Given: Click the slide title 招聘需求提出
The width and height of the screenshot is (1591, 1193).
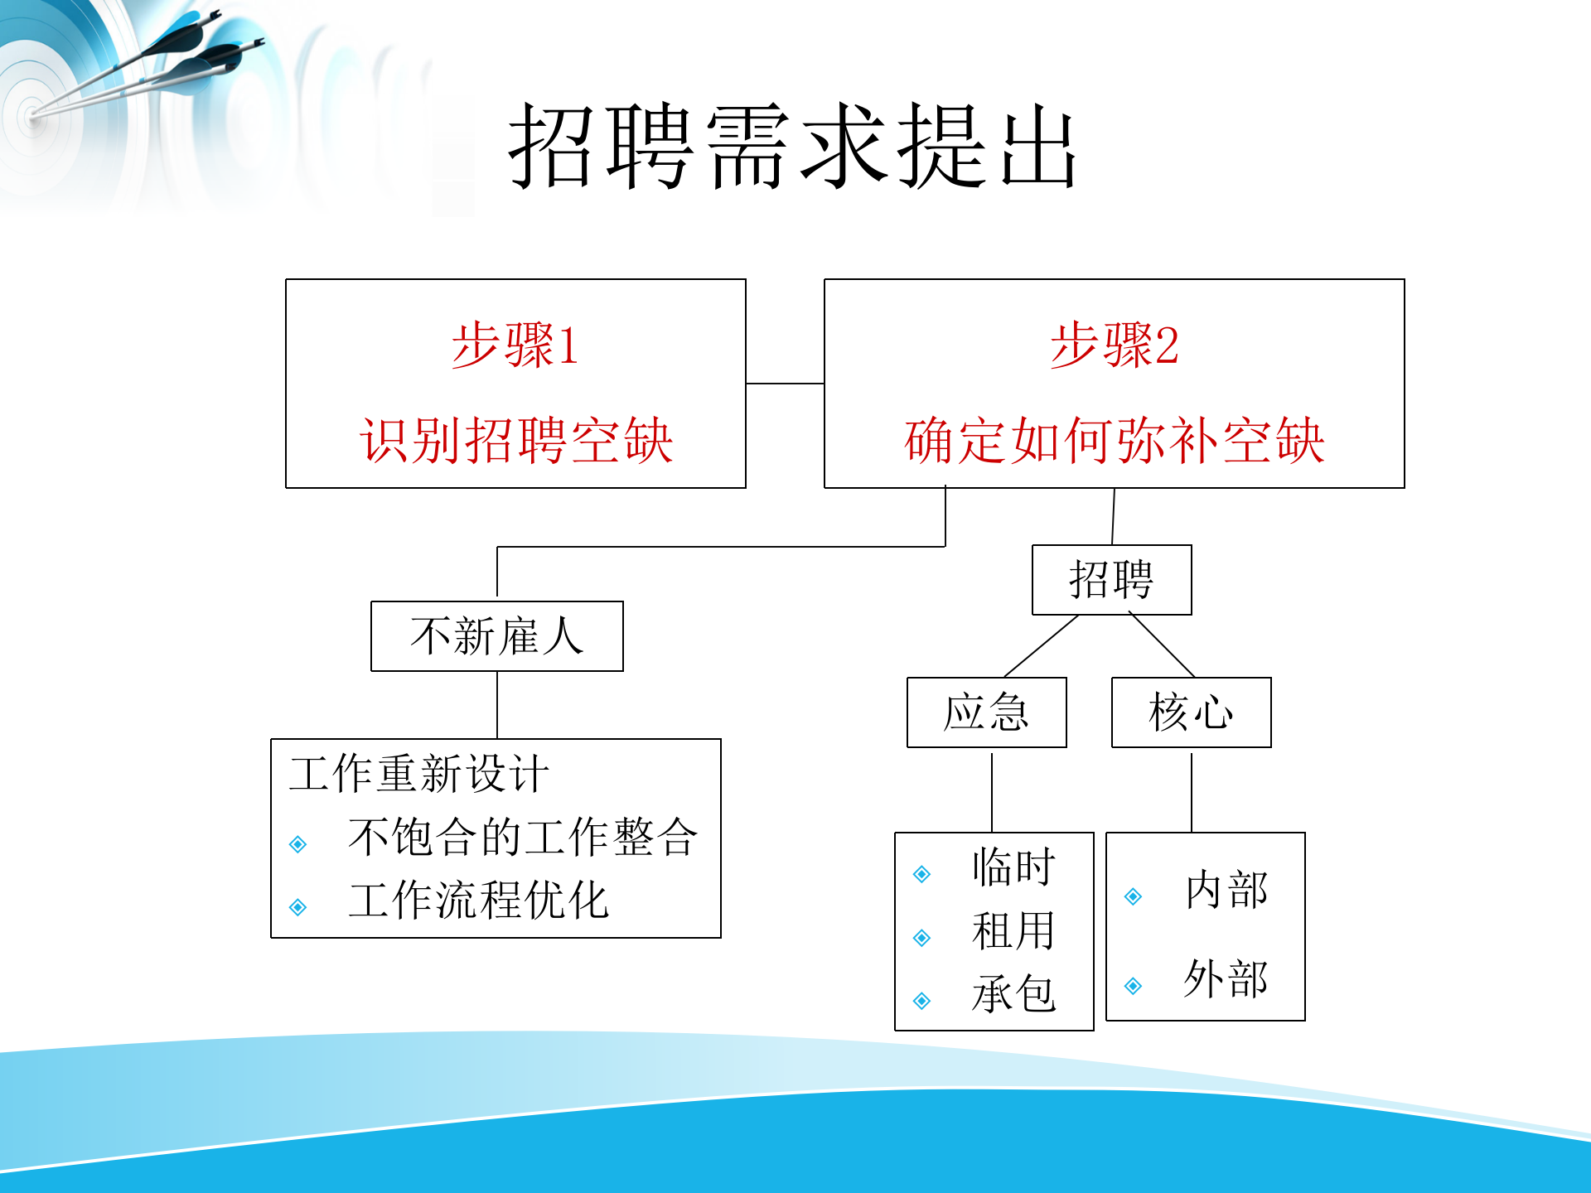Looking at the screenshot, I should coord(792,147).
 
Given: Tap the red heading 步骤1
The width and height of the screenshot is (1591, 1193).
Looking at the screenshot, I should coord(515,345).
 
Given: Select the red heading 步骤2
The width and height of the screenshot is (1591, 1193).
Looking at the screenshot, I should coord(1114,345).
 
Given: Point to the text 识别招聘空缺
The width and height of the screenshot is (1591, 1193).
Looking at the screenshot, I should coord(515,440).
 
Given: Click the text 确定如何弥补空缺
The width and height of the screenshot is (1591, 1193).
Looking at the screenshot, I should coord(1114,440).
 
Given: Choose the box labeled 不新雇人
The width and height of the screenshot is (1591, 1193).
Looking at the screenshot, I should coord(496,636).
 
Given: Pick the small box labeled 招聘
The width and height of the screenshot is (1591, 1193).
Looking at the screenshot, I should coord(1111,580).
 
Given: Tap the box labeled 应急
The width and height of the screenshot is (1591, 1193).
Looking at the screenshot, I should coord(986,712).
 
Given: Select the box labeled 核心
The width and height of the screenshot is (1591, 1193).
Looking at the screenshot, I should coord(1191,712).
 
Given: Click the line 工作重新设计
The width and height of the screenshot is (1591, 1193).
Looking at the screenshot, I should coord(418,774).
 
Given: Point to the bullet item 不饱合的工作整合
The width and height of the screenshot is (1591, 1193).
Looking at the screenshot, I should coord(522,837).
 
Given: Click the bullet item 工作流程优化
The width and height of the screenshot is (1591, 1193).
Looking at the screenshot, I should coord(478,901).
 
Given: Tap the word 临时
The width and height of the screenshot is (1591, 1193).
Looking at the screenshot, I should coord(1013,868).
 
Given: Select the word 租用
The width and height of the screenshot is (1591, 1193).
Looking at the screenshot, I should coord(1013,931).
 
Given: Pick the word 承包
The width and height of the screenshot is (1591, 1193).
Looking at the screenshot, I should coord(1013,994).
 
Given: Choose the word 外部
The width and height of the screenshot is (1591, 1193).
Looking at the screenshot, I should coord(1226,980).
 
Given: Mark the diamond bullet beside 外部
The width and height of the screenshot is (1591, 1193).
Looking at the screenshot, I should coord(1134,986).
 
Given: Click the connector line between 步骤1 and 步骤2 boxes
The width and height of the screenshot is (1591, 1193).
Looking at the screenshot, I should coord(785,384).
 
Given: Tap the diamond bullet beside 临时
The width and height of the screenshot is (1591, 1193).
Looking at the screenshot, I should coord(921,874).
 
